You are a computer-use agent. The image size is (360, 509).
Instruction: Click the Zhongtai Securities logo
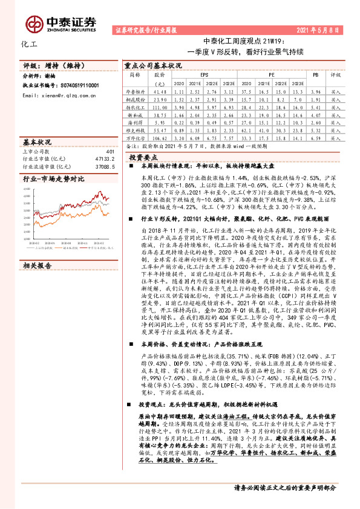[x=61, y=22]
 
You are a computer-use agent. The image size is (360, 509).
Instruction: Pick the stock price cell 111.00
[x=160, y=106]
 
